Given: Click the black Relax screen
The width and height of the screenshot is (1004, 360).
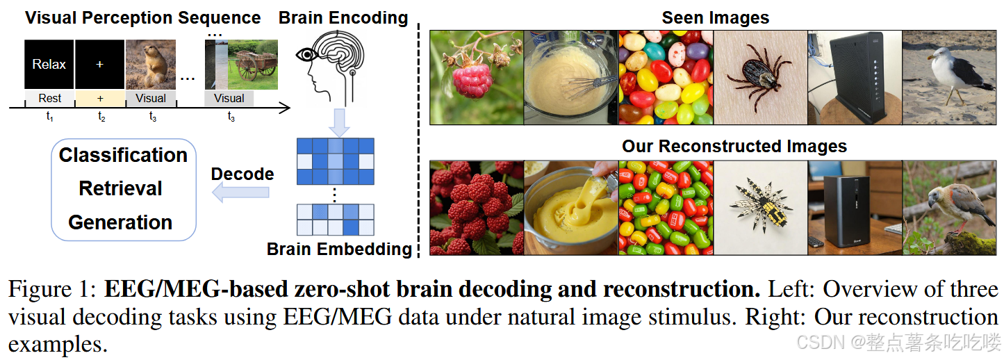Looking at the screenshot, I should click(x=49, y=65).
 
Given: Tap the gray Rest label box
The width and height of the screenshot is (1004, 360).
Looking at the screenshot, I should click(x=49, y=99).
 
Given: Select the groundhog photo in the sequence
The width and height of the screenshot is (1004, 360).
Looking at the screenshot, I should click(x=151, y=65).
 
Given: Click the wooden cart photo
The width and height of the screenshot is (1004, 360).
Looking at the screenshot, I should click(x=253, y=65).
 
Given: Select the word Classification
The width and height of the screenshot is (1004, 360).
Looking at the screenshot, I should click(x=123, y=155).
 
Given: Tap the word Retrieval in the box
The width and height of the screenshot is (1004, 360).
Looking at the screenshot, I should click(x=121, y=188).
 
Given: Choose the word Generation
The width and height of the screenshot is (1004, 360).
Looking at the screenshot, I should click(x=121, y=222).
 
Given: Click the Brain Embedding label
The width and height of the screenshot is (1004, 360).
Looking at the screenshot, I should click(x=339, y=249).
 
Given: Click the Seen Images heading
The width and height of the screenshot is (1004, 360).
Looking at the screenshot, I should click(x=716, y=17).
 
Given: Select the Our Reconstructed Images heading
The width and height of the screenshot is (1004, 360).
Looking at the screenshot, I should click(x=734, y=147).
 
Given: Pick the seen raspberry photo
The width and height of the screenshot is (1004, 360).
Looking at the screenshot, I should click(x=477, y=77).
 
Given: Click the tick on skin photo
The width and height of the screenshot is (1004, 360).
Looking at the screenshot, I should click(x=760, y=77).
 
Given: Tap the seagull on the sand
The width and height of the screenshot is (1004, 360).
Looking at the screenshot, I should click(x=949, y=77).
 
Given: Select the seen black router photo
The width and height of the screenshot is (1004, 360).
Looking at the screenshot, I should click(x=855, y=77).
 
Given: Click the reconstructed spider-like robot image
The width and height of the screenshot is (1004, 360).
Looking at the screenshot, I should click(x=760, y=208).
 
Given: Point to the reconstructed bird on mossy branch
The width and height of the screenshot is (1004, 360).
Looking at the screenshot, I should click(x=949, y=208).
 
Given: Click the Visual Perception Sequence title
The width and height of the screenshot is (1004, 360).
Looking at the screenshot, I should click(x=143, y=17).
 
